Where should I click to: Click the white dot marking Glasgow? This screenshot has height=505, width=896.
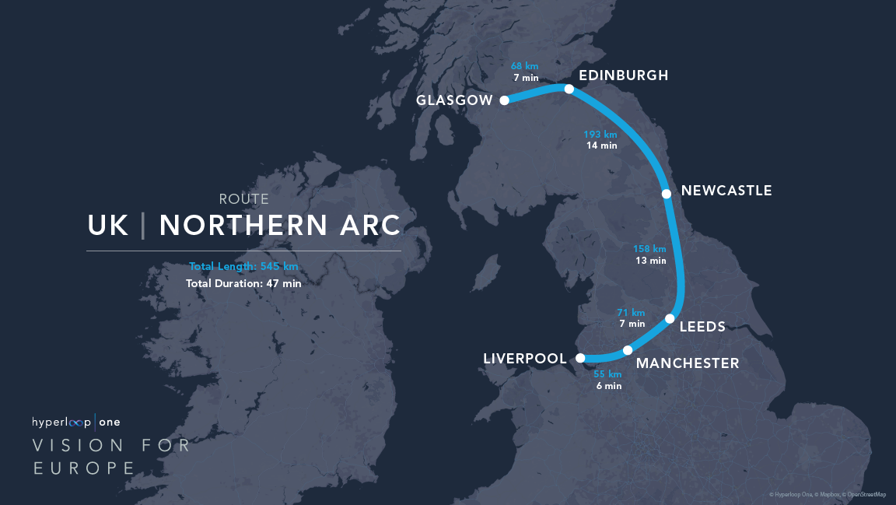point(504,100)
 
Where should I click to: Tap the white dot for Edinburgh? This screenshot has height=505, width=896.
point(569,89)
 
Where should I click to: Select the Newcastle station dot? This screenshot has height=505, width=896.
point(666,193)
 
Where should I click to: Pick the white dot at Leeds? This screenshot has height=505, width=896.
point(670,318)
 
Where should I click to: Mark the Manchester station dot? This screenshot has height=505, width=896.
point(628,350)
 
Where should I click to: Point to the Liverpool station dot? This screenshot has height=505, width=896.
point(579,358)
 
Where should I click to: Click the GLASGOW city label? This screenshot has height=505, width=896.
point(454,100)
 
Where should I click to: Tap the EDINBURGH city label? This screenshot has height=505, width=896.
point(624,75)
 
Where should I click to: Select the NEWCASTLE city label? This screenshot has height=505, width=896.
point(726,191)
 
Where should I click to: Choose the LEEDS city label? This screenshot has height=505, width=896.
point(702,327)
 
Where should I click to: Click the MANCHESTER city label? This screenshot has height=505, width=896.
point(688,363)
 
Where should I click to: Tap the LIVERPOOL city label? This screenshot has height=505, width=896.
point(525,359)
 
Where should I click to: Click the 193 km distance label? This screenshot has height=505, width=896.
point(600,135)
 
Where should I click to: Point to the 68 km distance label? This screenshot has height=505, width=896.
point(526,66)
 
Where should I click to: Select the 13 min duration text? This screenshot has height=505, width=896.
point(650,261)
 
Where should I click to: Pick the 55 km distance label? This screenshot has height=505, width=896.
point(607,374)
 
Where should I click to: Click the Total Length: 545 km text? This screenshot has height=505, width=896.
point(243,266)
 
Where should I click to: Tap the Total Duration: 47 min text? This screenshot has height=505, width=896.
point(243,283)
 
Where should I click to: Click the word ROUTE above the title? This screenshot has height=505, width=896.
point(243,200)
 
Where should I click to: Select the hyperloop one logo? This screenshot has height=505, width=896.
point(76,423)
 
